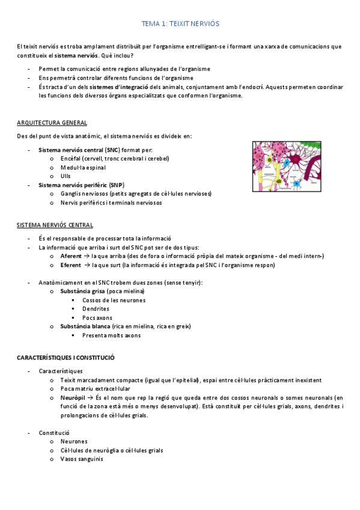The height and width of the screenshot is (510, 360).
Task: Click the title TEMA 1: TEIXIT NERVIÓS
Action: tap(180, 24)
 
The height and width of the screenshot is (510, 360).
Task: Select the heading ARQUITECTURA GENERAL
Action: tap(52, 123)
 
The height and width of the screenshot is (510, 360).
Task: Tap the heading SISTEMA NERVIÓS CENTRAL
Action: tap(55, 225)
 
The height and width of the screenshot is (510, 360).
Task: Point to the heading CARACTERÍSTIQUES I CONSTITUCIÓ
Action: tap(66, 357)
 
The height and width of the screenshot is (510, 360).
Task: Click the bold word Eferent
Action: tap(71, 265)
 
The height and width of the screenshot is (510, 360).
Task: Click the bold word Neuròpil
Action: tap(72, 398)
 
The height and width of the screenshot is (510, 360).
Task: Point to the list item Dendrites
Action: tap(96, 309)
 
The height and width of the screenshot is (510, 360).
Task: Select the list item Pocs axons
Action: tap(97, 318)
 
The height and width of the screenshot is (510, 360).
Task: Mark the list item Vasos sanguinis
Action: tap(82, 459)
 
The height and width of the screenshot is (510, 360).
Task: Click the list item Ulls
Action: tap(66, 176)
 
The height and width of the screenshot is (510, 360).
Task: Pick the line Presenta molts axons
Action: tap(111, 335)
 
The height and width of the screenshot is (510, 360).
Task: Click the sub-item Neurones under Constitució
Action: tap(74, 441)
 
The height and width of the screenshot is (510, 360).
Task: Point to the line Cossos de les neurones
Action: tap(114, 300)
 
